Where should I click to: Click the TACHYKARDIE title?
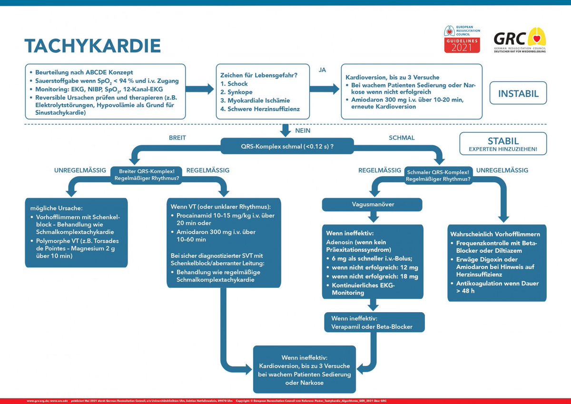point(92,46)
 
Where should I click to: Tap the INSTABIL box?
point(518,93)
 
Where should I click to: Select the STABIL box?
point(503,144)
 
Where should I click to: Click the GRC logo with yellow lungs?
point(519,40)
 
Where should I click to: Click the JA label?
point(322,69)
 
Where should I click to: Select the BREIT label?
point(177,138)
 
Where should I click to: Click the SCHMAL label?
point(401,138)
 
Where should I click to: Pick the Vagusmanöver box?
point(372,205)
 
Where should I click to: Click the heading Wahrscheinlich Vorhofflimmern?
point(494,234)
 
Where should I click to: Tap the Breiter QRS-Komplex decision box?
point(146,175)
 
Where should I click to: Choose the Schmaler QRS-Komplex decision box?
point(438,175)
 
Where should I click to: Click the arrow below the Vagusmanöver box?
point(373,217)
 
